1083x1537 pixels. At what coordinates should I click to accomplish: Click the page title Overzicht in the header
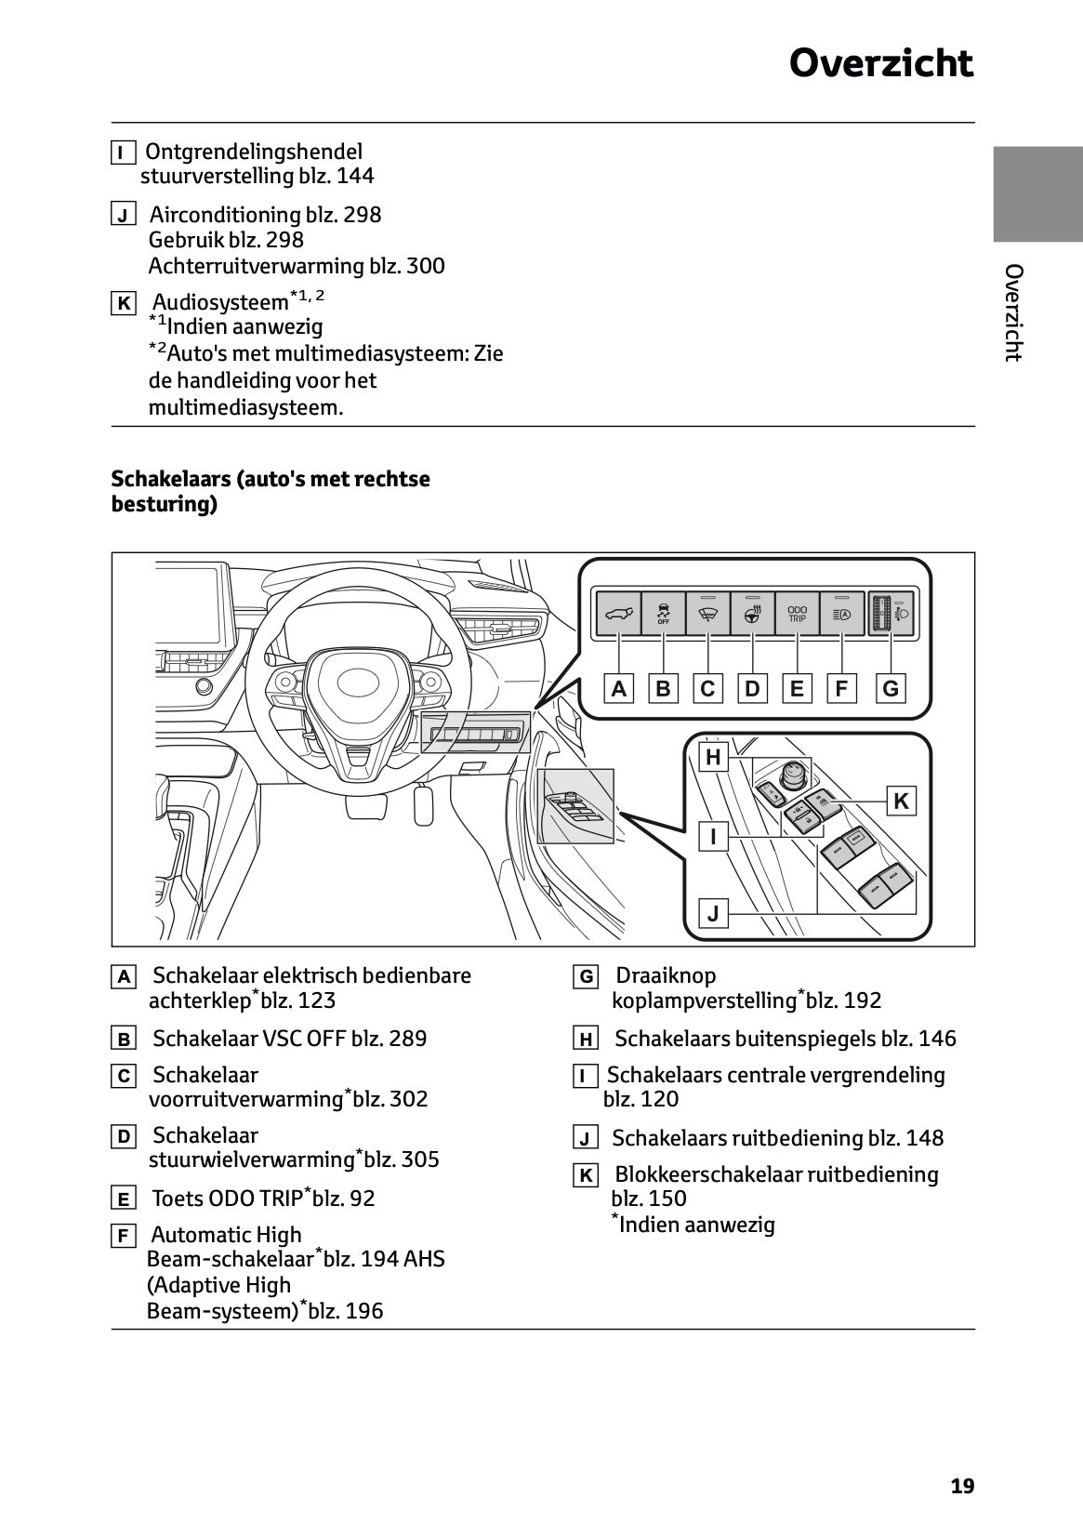coord(880,63)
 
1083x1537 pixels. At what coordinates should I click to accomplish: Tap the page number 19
coord(962,1486)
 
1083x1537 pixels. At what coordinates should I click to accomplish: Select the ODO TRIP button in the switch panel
coord(797,614)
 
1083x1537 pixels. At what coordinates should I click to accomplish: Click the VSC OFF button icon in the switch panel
coord(663,614)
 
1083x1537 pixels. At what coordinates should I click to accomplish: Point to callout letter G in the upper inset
coord(891,689)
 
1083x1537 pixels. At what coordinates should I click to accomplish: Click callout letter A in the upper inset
coord(618,689)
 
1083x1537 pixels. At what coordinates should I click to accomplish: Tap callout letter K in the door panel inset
coord(900,801)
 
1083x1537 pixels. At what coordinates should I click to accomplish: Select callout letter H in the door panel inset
coord(713,757)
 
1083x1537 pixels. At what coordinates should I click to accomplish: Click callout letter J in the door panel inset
coord(713,913)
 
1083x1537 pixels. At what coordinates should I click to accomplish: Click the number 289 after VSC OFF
coord(408,1039)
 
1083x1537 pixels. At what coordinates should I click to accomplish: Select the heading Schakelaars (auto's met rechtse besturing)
coord(271,491)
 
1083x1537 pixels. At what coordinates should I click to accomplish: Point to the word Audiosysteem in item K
coord(220,302)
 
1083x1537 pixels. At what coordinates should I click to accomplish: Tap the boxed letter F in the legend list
coord(122,1236)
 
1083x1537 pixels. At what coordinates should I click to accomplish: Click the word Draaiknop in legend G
coord(666,975)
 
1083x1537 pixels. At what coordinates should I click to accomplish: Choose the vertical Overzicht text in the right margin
coord(1014,312)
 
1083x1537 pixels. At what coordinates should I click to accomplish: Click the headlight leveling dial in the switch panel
coord(879,615)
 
